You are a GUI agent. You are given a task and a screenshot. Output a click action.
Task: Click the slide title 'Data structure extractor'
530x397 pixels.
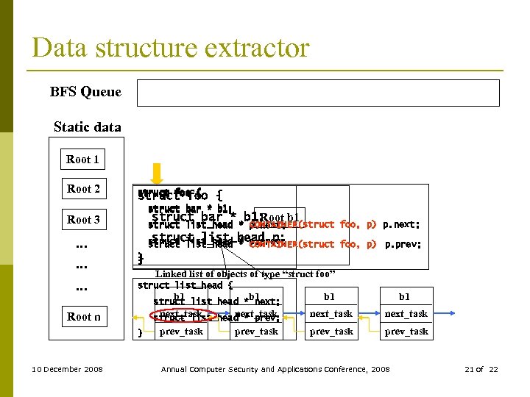coord(170,48)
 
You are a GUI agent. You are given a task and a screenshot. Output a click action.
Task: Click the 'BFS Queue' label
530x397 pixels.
coord(85,93)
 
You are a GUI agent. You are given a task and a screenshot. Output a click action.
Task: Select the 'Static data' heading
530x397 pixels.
coord(87,127)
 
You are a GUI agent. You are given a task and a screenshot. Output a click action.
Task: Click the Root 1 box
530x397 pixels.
coord(82,160)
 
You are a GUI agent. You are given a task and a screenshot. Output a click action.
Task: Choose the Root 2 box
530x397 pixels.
coord(83,189)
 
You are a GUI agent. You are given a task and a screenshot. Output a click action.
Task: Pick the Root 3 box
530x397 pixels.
coord(83,220)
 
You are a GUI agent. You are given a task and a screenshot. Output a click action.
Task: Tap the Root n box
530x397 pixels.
coord(83,317)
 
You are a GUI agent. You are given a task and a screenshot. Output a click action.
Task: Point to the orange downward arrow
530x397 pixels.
coord(157,173)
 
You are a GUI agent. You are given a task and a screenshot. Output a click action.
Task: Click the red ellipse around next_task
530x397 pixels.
coord(181,315)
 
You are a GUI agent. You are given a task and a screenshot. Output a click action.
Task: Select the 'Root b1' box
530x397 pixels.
coord(280,218)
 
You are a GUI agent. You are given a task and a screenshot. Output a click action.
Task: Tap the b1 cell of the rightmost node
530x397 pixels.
coord(405,296)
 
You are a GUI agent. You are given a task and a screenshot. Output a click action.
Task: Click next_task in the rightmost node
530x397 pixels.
coord(406,314)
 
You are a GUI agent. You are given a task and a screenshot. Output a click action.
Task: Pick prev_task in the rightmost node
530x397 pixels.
coord(406,332)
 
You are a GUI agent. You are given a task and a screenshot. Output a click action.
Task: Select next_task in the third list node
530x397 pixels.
coord(331,314)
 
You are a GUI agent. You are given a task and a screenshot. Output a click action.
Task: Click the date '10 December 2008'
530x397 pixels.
coord(68,369)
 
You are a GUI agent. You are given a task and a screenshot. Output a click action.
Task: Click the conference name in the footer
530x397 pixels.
coord(275,369)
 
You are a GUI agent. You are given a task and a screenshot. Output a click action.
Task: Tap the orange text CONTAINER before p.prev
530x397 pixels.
coord(273,244)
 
